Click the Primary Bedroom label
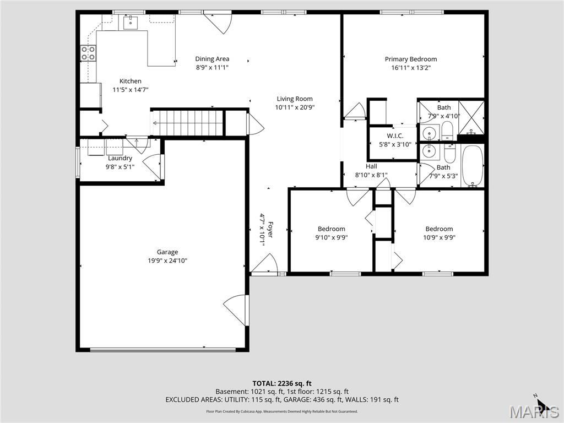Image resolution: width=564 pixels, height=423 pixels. [x=410, y=59]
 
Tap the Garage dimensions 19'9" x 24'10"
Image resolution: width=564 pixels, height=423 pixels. [x=167, y=261]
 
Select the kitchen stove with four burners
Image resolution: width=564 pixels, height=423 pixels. [x=88, y=53]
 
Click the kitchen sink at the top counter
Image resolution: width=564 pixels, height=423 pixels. [x=131, y=23]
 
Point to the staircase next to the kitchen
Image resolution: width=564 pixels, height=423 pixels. [x=187, y=122]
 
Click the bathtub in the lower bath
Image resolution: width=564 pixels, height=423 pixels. [x=473, y=166]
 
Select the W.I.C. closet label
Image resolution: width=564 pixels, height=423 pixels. [x=395, y=136]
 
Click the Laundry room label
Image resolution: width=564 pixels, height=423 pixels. [x=120, y=159]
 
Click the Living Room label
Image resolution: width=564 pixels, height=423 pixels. [x=295, y=99]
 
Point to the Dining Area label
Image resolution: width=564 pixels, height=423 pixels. [x=212, y=59]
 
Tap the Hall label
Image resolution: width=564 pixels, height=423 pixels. [x=371, y=166]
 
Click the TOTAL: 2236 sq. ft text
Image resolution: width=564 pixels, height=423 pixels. [x=282, y=383]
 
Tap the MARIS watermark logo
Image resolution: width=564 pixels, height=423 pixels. [x=535, y=410]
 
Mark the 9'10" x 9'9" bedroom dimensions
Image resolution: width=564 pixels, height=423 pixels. [x=331, y=238]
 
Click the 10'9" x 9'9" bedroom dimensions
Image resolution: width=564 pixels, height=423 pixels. [x=439, y=238]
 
